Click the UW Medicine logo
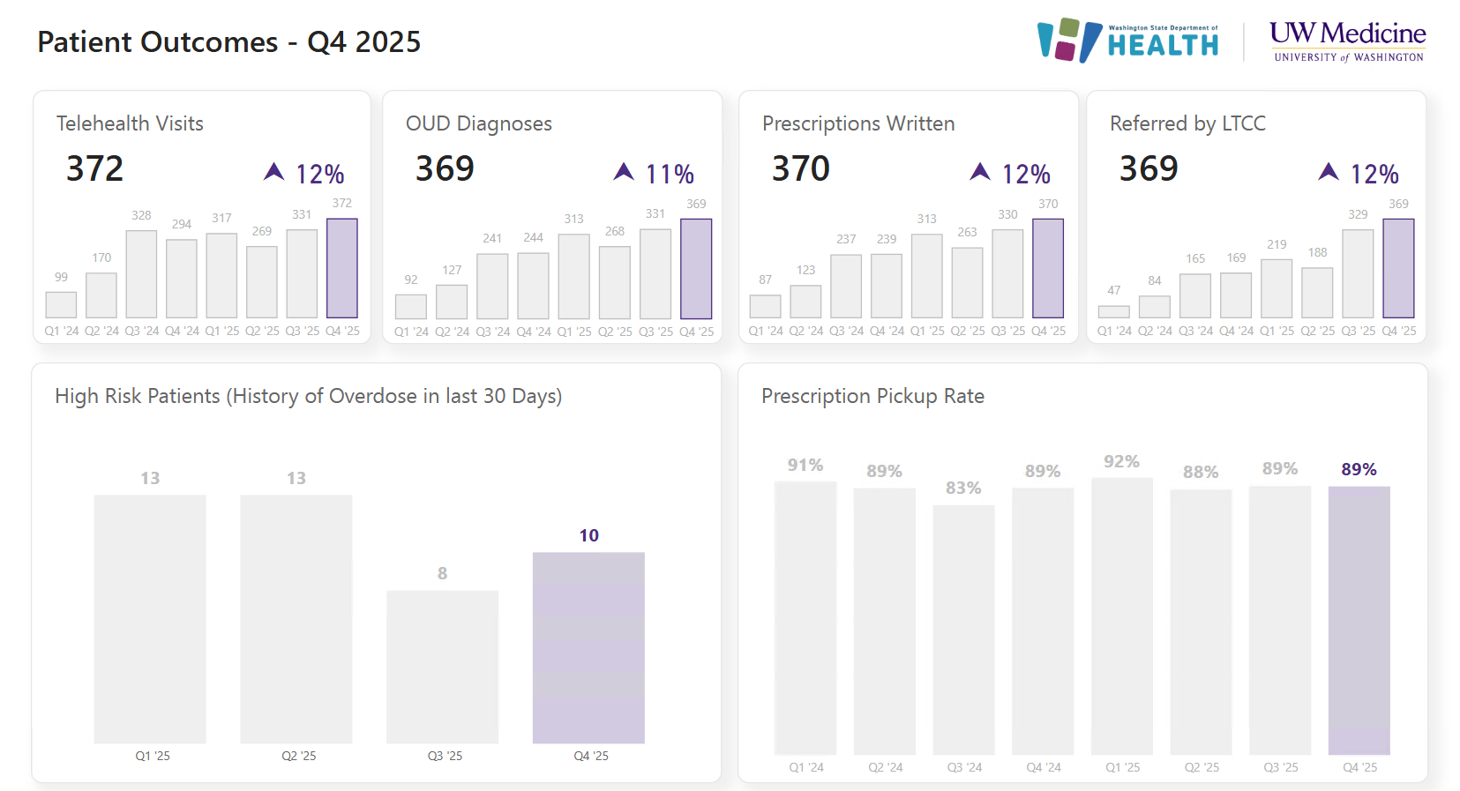coord(1347,41)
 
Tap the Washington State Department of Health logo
coord(1128,41)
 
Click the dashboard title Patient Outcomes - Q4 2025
coord(228,42)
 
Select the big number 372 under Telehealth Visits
coord(95,168)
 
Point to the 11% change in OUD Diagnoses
coord(670,174)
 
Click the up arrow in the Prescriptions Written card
coord(980,171)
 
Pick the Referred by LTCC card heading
coord(1187,123)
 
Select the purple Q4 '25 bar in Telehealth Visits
coord(341,268)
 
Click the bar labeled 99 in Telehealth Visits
coord(61,305)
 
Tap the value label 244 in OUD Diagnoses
coord(533,237)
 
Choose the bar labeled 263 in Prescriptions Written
coord(967,282)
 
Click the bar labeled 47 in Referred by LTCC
coord(1113,311)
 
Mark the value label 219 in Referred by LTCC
coord(1277,244)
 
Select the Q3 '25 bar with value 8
coord(442,667)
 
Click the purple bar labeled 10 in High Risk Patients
coord(588,647)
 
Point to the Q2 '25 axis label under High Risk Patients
coord(298,756)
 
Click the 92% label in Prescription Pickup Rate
coord(1121,461)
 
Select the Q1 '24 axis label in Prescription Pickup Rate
coord(805,767)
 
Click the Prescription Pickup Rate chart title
coord(872,396)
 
